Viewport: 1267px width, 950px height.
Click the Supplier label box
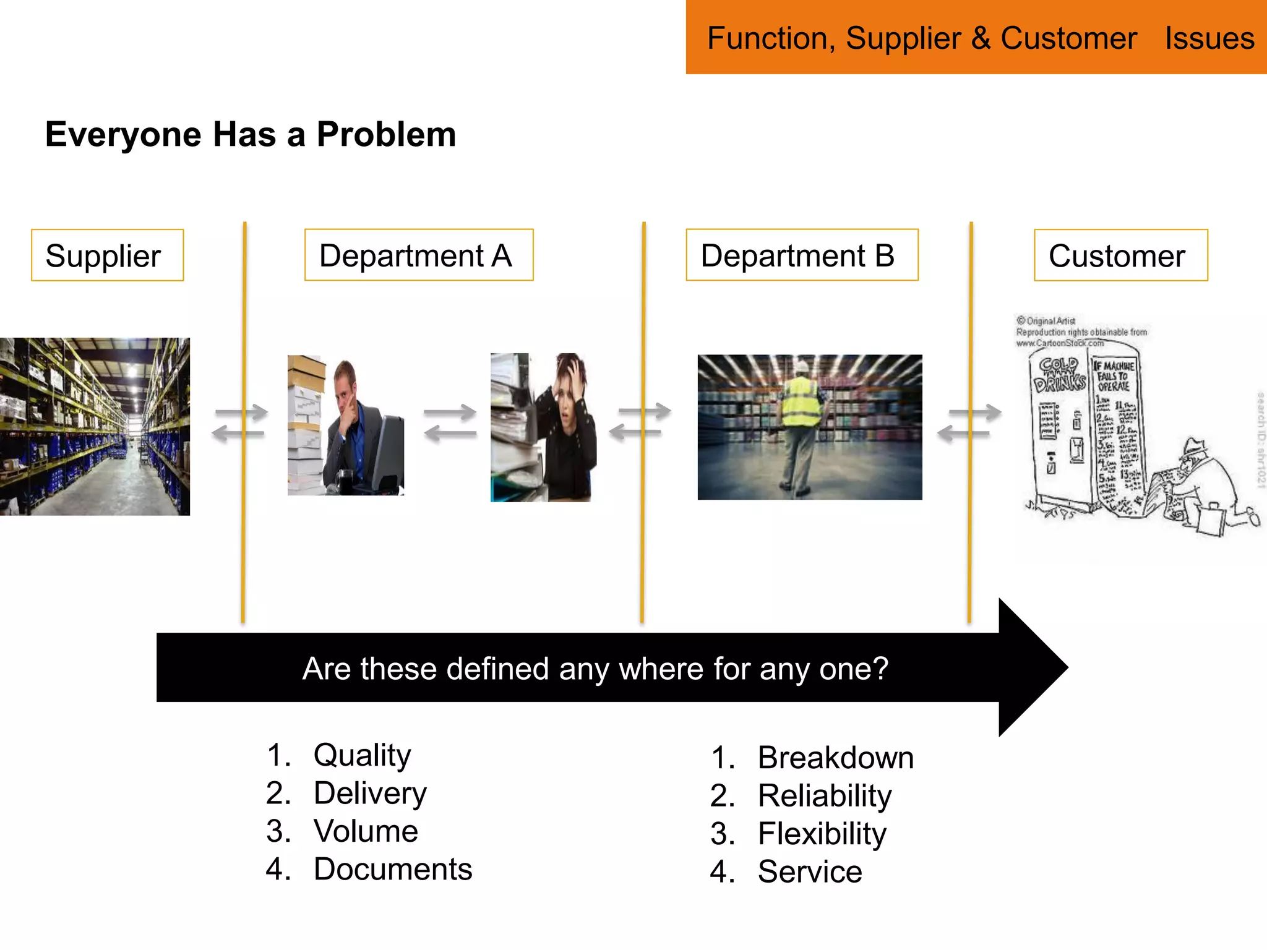[107, 255]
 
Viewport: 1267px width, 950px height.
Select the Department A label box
[418, 255]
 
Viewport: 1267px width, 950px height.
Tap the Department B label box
[801, 255]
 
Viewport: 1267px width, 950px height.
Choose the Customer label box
[1120, 255]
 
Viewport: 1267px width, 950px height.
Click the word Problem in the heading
[386, 134]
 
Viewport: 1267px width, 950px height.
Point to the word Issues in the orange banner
[1209, 38]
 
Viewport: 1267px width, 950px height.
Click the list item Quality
[362, 755]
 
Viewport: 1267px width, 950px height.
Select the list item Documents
[392, 869]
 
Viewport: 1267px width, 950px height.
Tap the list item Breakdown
[835, 758]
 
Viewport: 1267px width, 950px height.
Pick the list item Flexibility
[822, 834]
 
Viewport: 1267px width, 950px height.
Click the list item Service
[809, 872]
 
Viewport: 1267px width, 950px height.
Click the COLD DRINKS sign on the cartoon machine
[1059, 375]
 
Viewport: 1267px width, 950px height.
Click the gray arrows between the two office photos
[450, 423]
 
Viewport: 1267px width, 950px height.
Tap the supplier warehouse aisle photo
[94, 427]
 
